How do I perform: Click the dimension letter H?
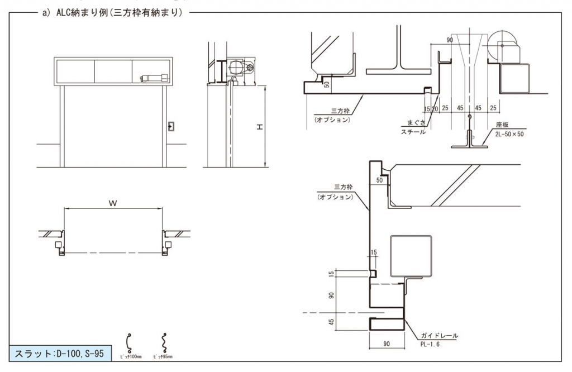tap(259, 127)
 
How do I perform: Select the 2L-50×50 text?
tap(510, 134)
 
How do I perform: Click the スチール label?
tap(413, 132)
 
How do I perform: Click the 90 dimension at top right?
tap(450, 40)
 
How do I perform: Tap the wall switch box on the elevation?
tap(170, 126)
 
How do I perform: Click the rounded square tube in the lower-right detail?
tap(411, 256)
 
